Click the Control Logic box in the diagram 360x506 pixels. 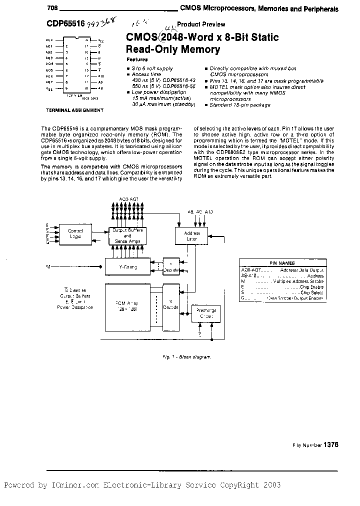tap(75, 233)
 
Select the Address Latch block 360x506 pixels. tap(192, 236)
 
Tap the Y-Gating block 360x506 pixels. tap(127, 267)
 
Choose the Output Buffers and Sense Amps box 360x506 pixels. tap(128, 235)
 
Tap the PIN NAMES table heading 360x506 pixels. tap(282, 263)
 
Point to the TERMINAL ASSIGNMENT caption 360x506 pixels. tap(75, 109)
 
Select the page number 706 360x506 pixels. tap(52, 8)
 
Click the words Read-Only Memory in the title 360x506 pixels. tap(173, 49)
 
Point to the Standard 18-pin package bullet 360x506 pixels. tap(239, 105)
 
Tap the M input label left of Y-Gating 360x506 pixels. tap(48, 267)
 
